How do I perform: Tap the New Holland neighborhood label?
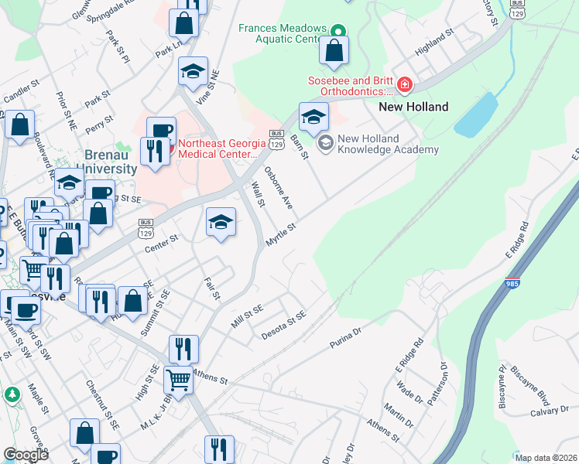click(413, 107)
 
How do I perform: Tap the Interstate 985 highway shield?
click(512, 284)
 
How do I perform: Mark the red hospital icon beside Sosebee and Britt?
click(404, 84)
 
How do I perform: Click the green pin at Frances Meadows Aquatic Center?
click(337, 32)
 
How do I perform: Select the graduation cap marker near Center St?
click(221, 223)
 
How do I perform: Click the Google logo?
click(26, 455)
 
